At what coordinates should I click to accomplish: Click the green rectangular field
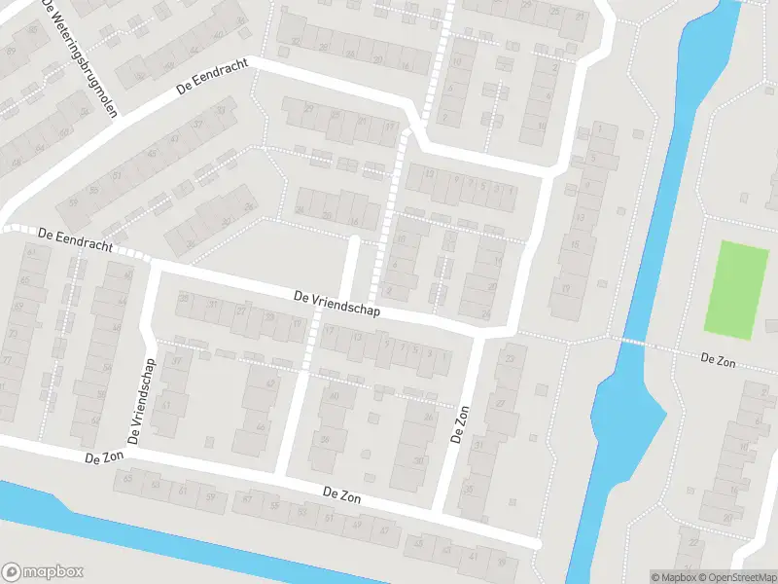[736, 290]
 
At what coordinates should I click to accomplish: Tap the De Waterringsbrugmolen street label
[81, 56]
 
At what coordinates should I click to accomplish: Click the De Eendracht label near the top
[213, 76]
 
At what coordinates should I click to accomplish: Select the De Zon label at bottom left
[106, 457]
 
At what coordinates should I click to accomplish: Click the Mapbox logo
[43, 572]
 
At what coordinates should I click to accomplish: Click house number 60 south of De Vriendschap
[336, 396]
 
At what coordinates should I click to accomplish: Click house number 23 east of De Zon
[510, 359]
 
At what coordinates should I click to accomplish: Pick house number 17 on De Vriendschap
[331, 332]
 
